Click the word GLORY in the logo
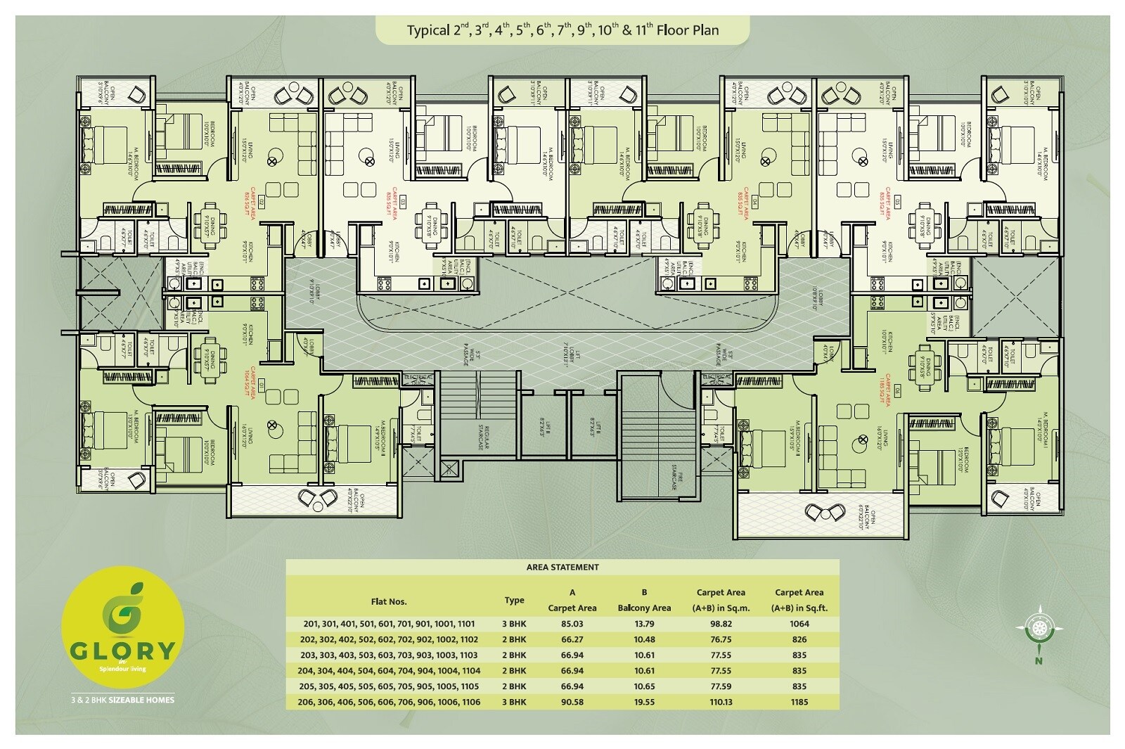[122, 650]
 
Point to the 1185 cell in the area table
[799, 702]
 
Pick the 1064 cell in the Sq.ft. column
[799, 624]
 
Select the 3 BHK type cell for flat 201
[514, 624]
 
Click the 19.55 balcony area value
[644, 702]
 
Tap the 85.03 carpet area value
[572, 624]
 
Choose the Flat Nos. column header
[389, 601]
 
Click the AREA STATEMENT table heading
[562, 567]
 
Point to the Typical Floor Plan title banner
[562, 30]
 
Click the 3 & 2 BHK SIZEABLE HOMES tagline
[122, 700]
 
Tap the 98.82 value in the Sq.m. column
[721, 624]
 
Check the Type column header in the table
[514, 601]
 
